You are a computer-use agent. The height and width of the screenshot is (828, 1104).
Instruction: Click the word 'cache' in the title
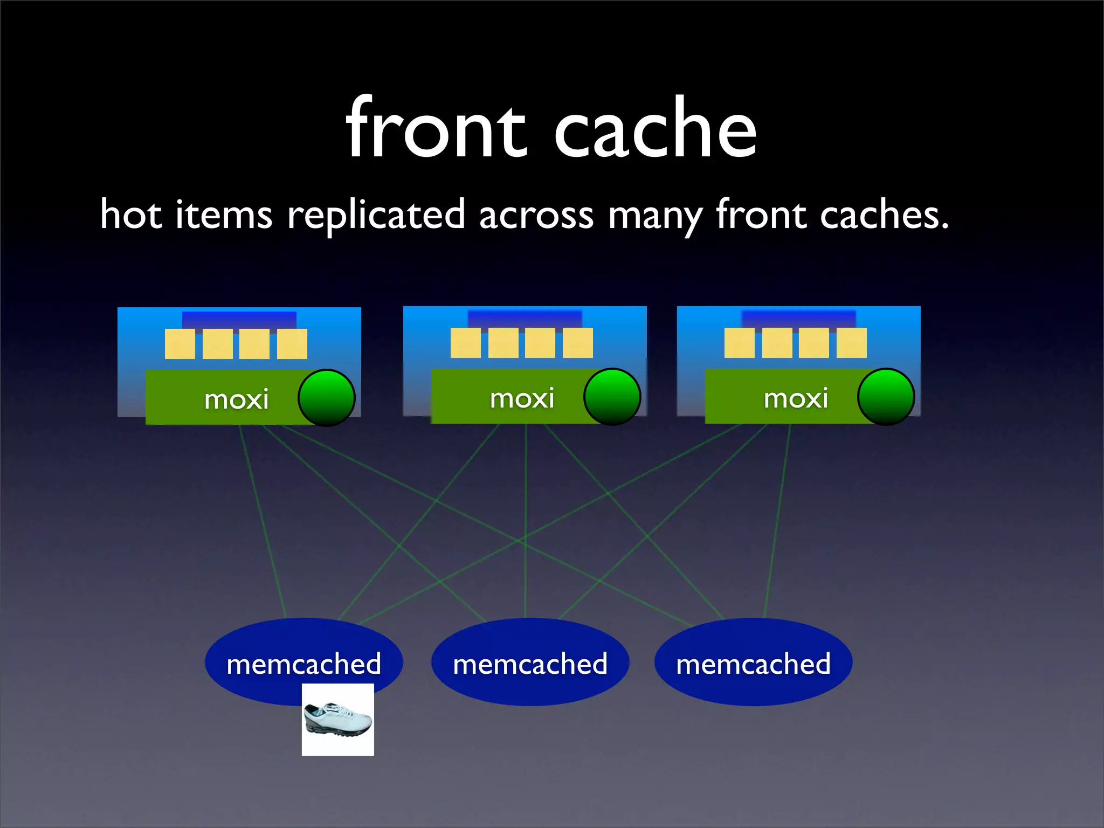(x=655, y=129)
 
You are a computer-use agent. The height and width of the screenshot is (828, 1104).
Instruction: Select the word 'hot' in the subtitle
(x=130, y=215)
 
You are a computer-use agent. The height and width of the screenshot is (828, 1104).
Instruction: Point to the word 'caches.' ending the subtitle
(x=884, y=215)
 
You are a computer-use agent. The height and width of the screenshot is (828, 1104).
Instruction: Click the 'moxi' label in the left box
(x=236, y=399)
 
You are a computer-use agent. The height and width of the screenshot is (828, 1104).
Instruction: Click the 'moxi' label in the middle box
(x=522, y=398)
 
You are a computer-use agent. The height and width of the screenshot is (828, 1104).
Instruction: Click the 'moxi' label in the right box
(x=796, y=398)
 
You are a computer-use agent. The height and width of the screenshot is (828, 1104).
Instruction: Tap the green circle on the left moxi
(x=327, y=398)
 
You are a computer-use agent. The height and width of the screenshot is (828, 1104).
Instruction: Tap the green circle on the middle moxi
(x=612, y=397)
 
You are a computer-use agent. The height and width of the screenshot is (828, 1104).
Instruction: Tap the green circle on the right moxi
(x=886, y=397)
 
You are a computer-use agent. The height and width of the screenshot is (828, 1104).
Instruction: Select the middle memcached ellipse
(x=530, y=663)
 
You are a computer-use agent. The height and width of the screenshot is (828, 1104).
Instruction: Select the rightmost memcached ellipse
(x=753, y=663)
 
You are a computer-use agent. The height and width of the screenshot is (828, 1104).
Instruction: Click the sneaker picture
(x=337, y=720)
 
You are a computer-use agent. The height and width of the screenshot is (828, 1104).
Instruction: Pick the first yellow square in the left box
(x=180, y=344)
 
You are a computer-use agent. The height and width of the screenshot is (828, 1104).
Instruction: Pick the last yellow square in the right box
(x=851, y=343)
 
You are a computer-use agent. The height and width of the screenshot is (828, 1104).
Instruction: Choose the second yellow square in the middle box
(x=503, y=343)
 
